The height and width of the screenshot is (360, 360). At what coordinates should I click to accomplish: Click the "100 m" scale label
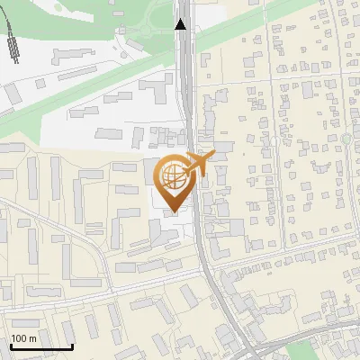click(24, 338)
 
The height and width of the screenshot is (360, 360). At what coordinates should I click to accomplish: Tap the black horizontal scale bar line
click(41, 346)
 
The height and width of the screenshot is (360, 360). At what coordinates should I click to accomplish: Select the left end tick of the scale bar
click(11, 345)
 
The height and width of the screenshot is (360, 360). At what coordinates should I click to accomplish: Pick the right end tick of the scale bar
click(72, 345)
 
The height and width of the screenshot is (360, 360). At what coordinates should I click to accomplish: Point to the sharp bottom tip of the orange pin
click(174, 211)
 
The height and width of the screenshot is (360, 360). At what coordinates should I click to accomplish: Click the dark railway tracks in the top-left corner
click(12, 40)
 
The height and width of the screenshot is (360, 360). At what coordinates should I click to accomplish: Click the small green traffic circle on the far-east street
click(346, 139)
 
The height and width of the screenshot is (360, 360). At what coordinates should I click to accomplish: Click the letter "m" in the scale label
click(33, 338)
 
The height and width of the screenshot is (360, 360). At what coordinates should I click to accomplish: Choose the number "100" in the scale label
click(20, 338)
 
